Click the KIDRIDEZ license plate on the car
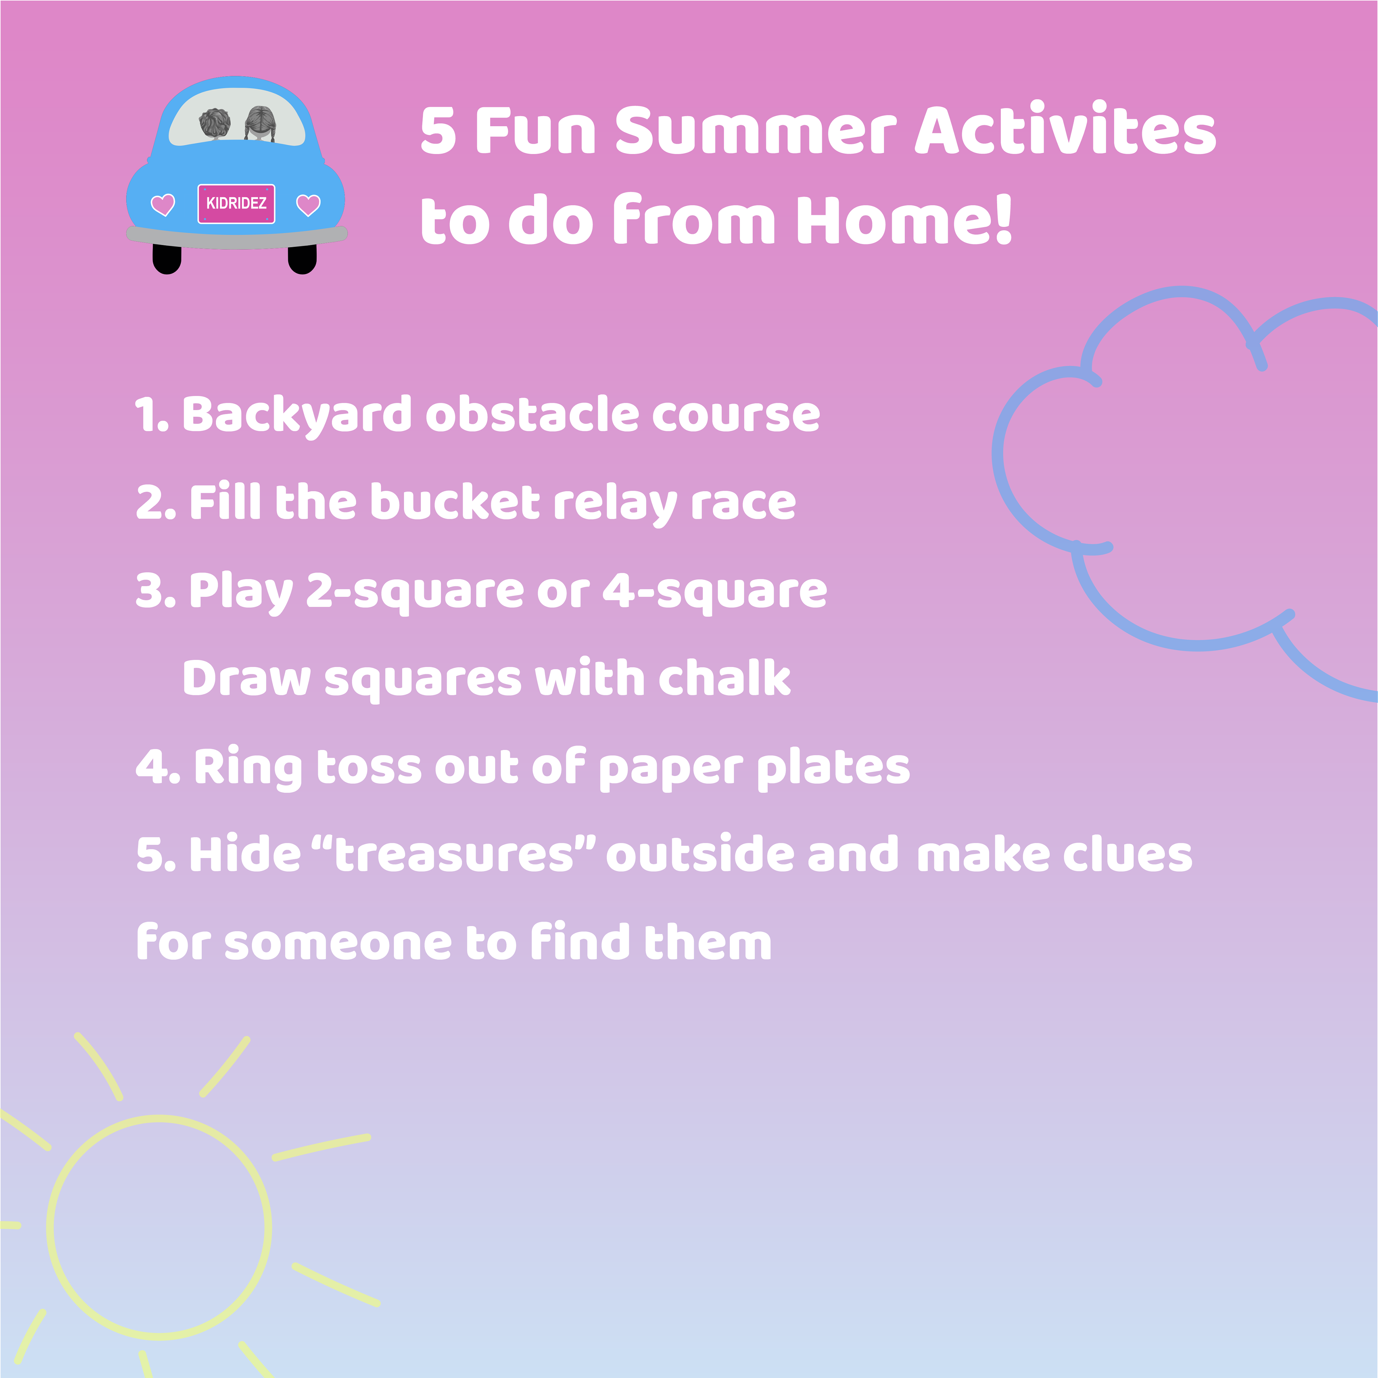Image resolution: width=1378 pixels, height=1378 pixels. [236, 203]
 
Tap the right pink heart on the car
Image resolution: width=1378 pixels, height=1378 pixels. [308, 205]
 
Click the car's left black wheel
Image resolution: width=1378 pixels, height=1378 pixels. [167, 259]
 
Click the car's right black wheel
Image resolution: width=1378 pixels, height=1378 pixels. [303, 259]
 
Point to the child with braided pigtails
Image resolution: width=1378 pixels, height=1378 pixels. [259, 124]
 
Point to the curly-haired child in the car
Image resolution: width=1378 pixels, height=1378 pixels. [215, 124]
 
